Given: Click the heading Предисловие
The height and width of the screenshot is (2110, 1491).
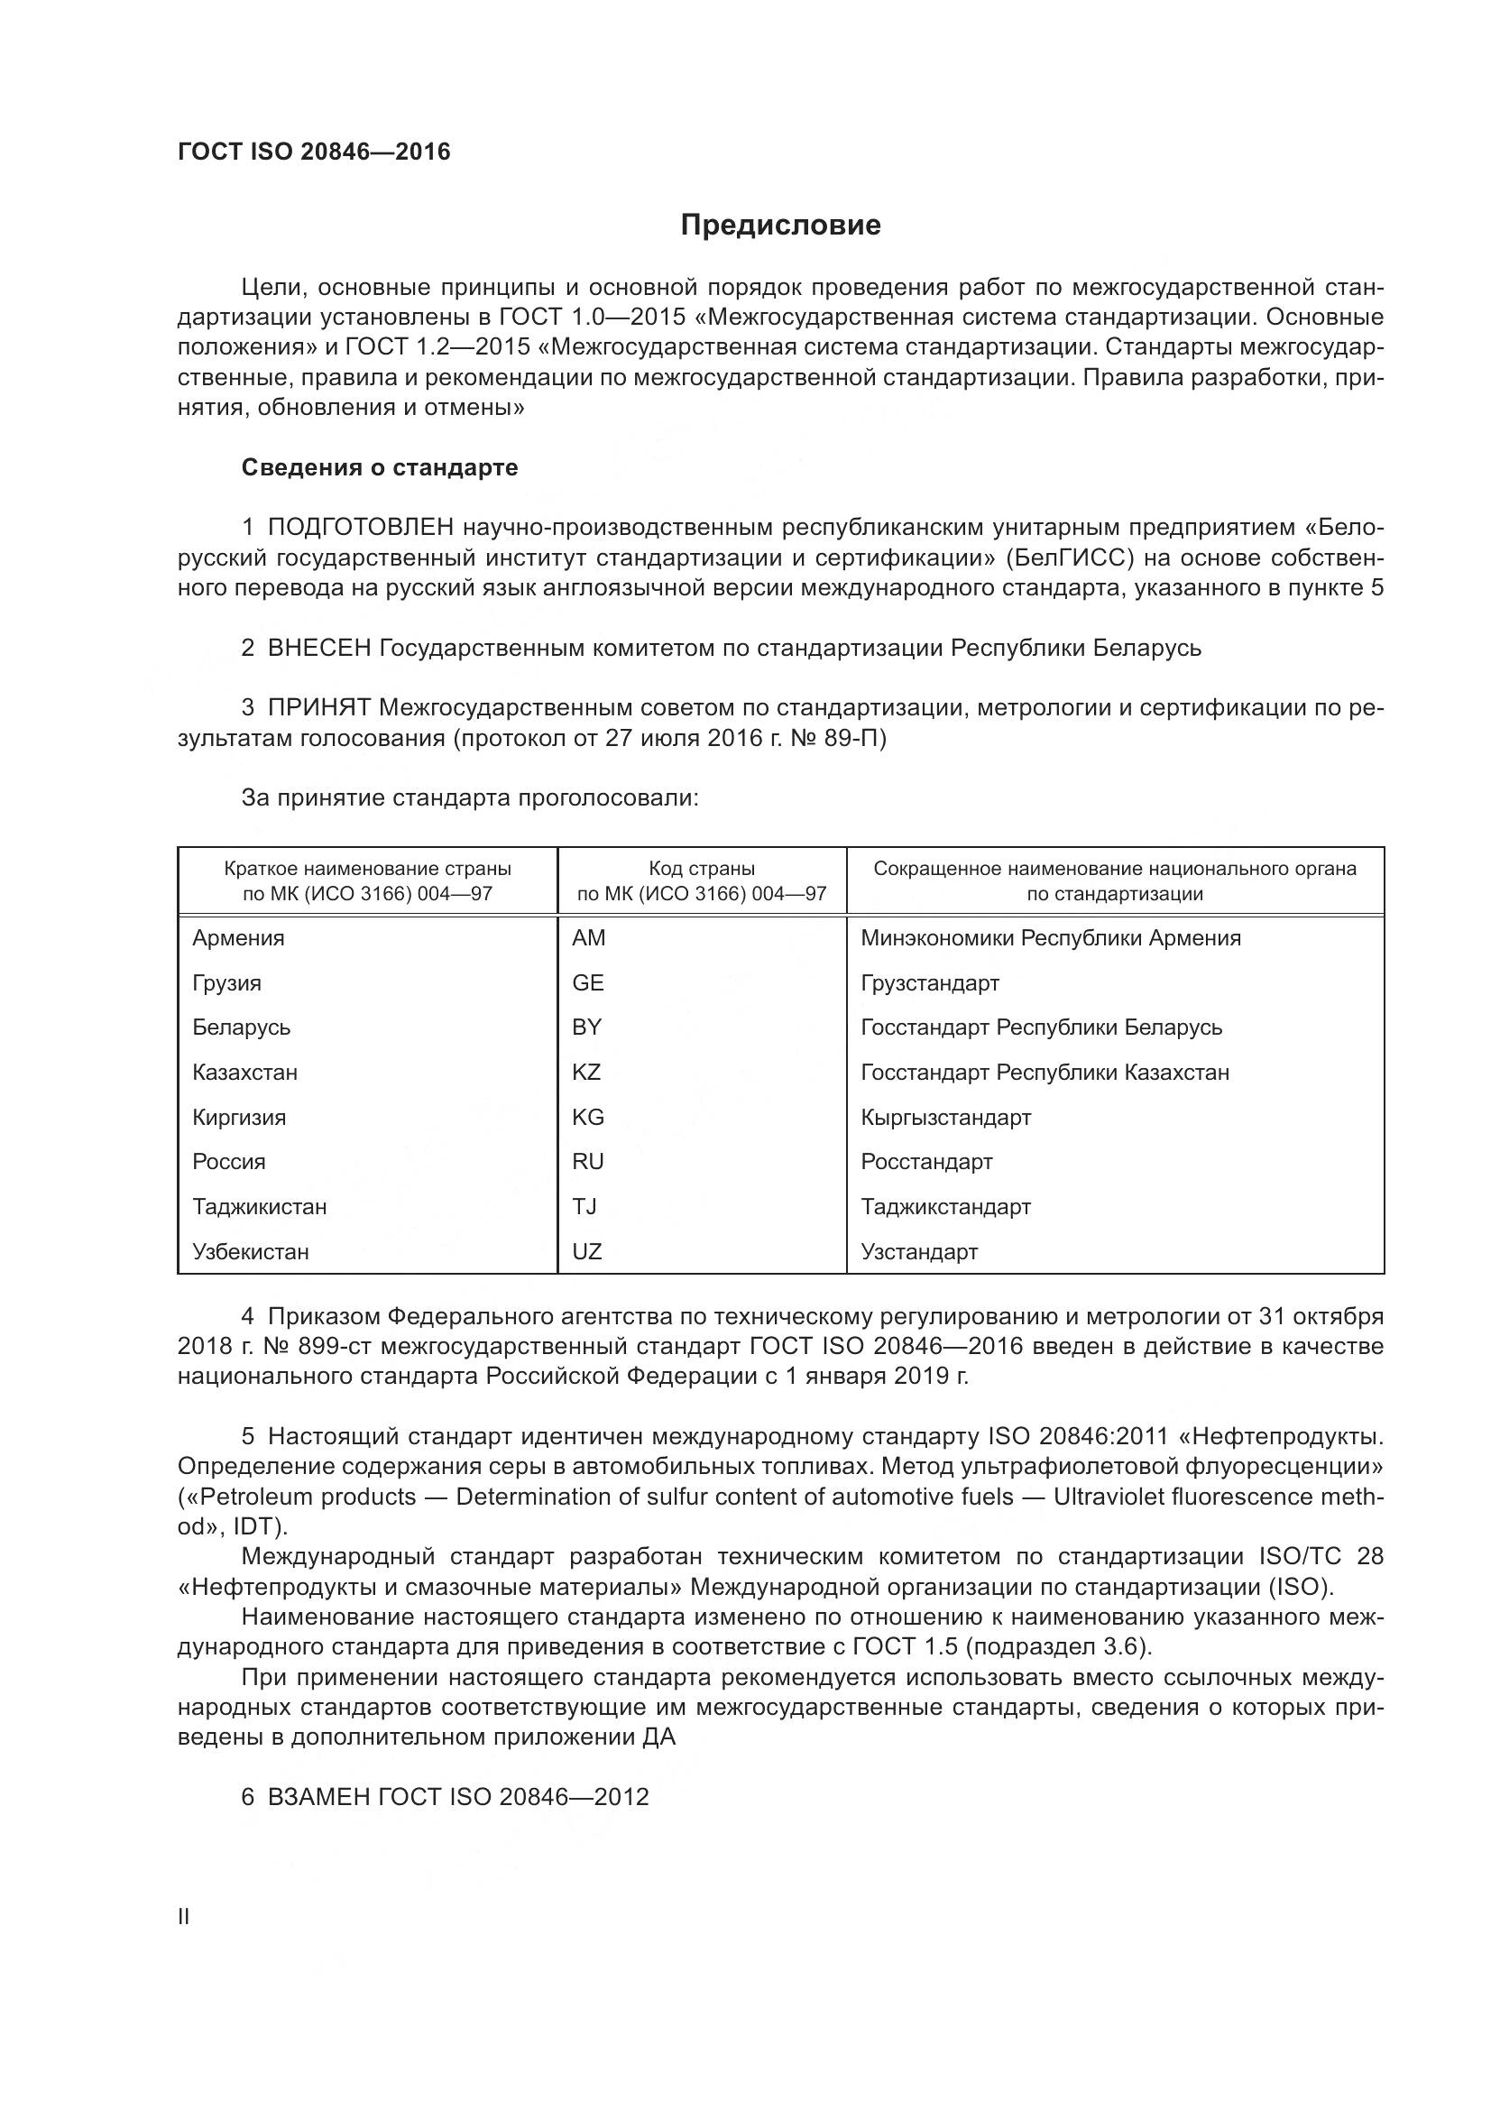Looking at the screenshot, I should tap(780, 226).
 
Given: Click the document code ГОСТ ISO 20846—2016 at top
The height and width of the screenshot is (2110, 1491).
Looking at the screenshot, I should tap(314, 152).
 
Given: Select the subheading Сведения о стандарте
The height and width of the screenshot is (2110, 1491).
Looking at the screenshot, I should tap(380, 468).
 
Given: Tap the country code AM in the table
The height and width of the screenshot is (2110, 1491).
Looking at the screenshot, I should tap(588, 937).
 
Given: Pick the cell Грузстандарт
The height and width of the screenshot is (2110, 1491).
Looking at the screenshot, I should tap(930, 982).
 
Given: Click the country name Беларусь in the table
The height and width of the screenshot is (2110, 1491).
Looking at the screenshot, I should tap(241, 1027).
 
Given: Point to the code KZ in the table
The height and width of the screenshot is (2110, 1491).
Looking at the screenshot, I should tap(586, 1072).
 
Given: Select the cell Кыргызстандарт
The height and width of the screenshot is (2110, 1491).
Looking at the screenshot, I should tap(945, 1118).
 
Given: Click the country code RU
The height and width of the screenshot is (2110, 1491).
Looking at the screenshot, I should tap(588, 1162).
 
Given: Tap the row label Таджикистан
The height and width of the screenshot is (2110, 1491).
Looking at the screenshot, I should tap(259, 1207).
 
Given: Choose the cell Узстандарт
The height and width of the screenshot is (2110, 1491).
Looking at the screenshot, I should tap(918, 1252).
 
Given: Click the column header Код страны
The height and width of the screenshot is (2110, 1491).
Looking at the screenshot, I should tap(702, 869).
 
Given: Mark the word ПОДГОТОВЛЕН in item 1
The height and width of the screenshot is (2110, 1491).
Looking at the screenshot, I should tap(361, 528).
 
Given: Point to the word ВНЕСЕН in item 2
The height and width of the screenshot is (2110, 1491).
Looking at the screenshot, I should tap(318, 648).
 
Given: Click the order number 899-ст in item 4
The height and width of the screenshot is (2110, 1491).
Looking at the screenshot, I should tap(330, 1346).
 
